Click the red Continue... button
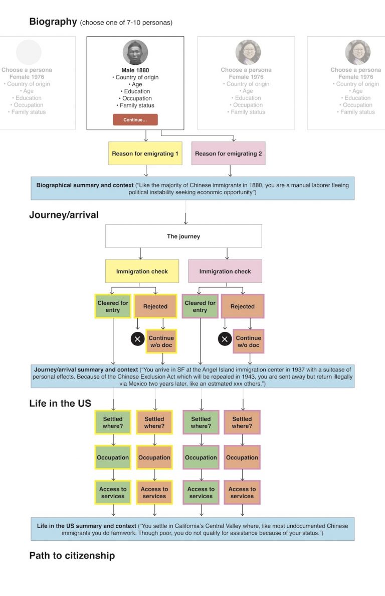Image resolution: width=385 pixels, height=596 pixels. (135, 120)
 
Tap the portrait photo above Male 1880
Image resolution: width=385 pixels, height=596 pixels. (135, 52)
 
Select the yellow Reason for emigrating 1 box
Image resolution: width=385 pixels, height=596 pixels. (145, 154)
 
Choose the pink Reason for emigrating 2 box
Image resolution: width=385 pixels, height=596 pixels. (229, 154)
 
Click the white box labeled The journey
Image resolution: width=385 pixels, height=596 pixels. (183, 236)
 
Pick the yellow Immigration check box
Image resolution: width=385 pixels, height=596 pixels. (142, 271)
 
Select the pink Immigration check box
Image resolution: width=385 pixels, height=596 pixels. (225, 271)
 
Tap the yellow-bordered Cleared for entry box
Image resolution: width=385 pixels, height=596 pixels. (113, 306)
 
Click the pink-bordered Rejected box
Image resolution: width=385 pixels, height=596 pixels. (242, 306)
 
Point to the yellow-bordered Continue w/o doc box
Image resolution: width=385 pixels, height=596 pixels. (161, 341)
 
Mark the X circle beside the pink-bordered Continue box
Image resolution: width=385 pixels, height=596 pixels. (225, 339)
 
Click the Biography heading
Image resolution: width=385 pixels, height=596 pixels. (53, 22)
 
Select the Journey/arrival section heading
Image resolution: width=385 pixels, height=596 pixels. (64, 215)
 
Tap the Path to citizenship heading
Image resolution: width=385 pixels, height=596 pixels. (72, 555)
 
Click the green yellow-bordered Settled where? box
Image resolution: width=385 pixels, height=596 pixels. (113, 422)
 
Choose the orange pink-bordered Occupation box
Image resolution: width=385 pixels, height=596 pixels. (242, 457)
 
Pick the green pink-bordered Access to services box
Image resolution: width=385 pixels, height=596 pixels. (201, 493)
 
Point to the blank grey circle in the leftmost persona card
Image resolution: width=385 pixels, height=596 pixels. (29, 52)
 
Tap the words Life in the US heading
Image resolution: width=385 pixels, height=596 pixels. (60, 403)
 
